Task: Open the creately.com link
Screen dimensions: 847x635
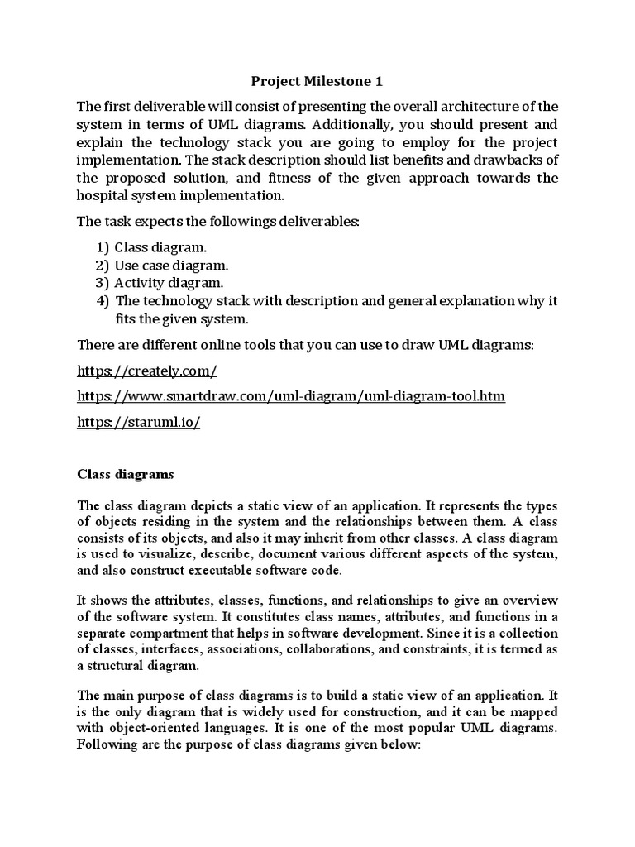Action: click(147, 371)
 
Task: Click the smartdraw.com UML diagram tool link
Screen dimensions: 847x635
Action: click(291, 396)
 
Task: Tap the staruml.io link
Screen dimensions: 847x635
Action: click(139, 422)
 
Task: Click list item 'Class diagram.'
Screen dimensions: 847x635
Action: click(161, 247)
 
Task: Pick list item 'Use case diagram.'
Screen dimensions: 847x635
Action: click(171, 266)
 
